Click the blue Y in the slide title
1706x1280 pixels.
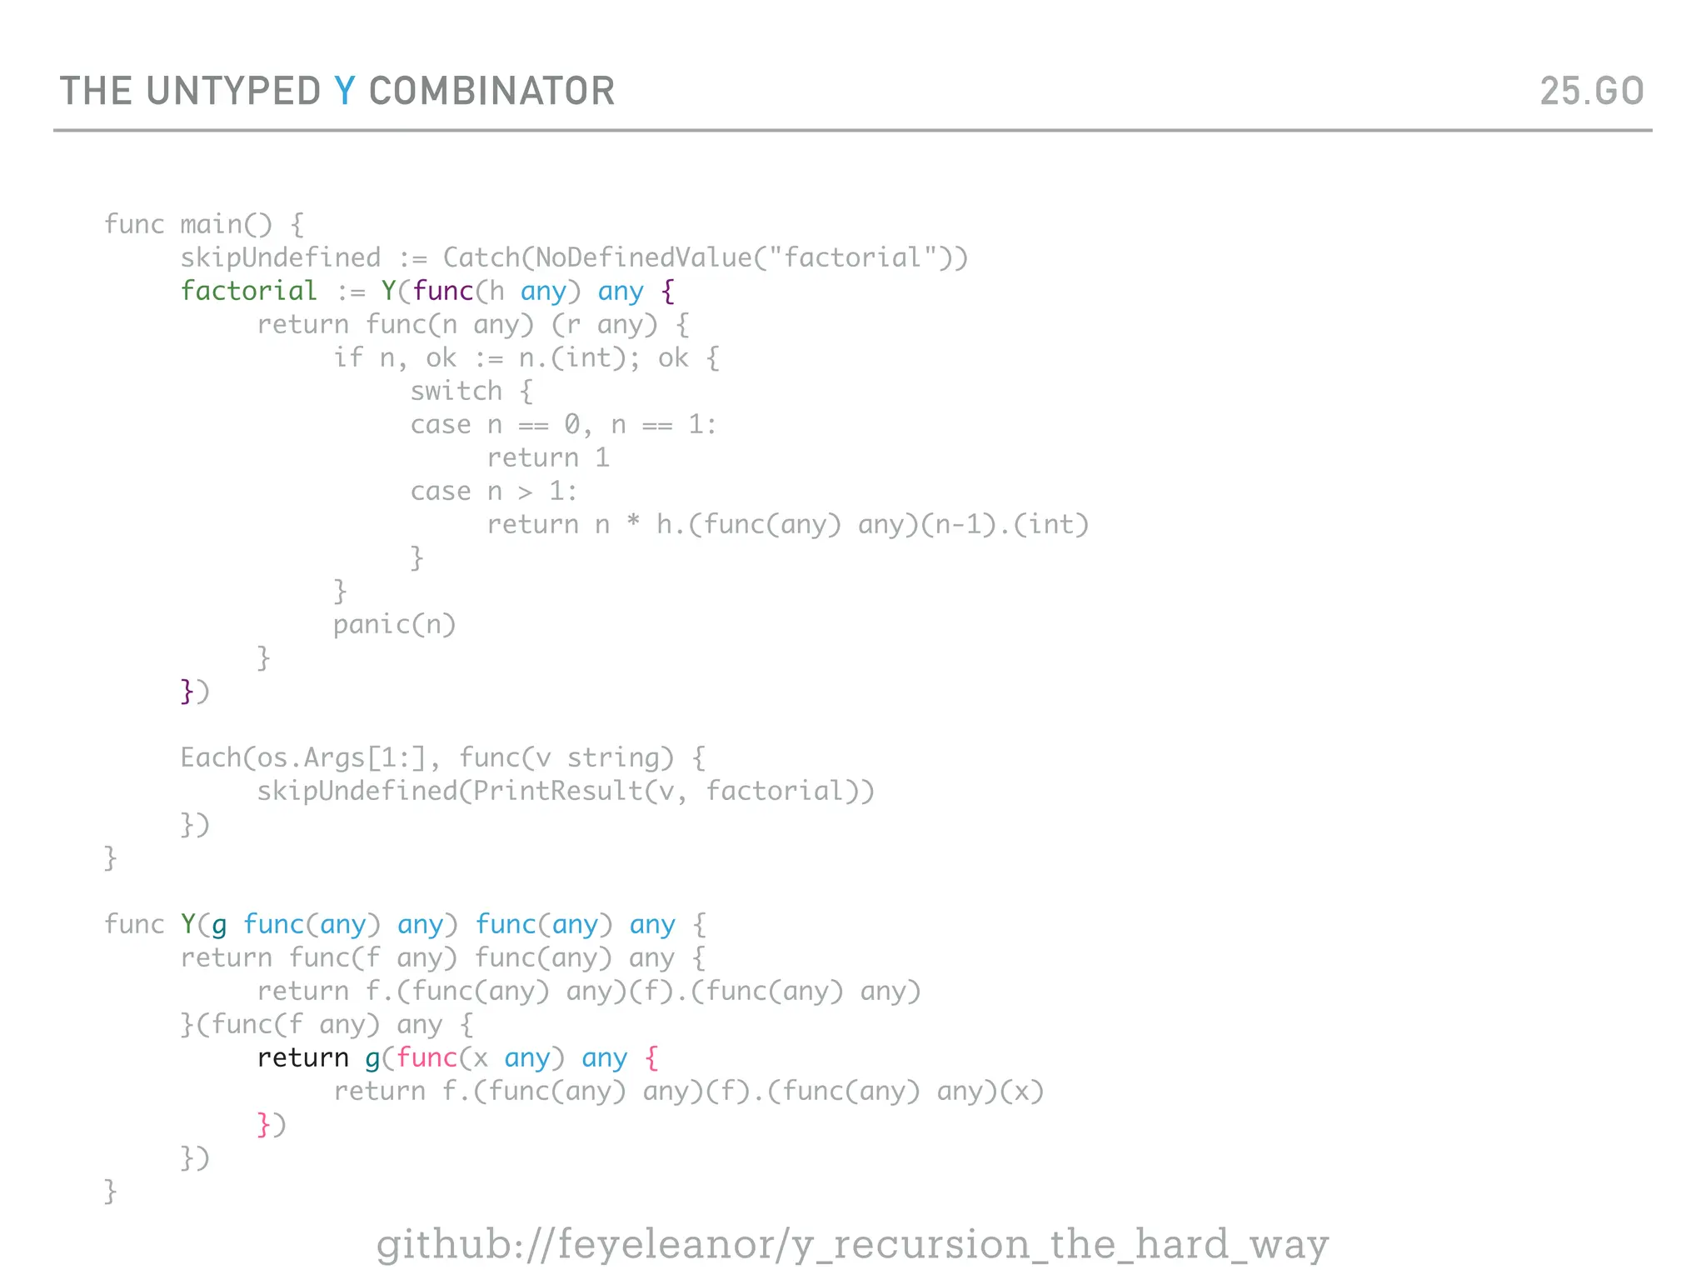pyautogui.click(x=344, y=92)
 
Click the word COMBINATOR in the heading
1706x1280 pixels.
pyautogui.click(x=491, y=92)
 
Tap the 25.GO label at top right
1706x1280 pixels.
pyautogui.click(x=1591, y=92)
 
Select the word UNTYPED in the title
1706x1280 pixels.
pyautogui.click(x=233, y=92)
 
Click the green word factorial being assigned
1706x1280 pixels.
pyautogui.click(x=248, y=291)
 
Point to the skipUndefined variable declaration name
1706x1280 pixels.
pyautogui.click(x=280, y=257)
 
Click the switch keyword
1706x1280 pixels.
pyautogui.click(x=456, y=391)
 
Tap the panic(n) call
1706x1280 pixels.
pyautogui.click(x=394, y=624)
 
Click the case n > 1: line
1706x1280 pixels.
pyautogui.click(x=493, y=491)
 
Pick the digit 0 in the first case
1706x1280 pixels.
pyautogui.click(x=572, y=424)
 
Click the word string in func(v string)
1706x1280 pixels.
pyautogui.click(x=620, y=757)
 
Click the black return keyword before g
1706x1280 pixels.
pyautogui.click(x=302, y=1057)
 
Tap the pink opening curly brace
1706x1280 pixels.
pyautogui.click(x=651, y=1058)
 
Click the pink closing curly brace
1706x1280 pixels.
pyautogui.click(x=263, y=1124)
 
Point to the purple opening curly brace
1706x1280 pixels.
pyautogui.click(x=667, y=292)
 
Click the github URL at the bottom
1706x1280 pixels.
pyautogui.click(x=852, y=1244)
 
